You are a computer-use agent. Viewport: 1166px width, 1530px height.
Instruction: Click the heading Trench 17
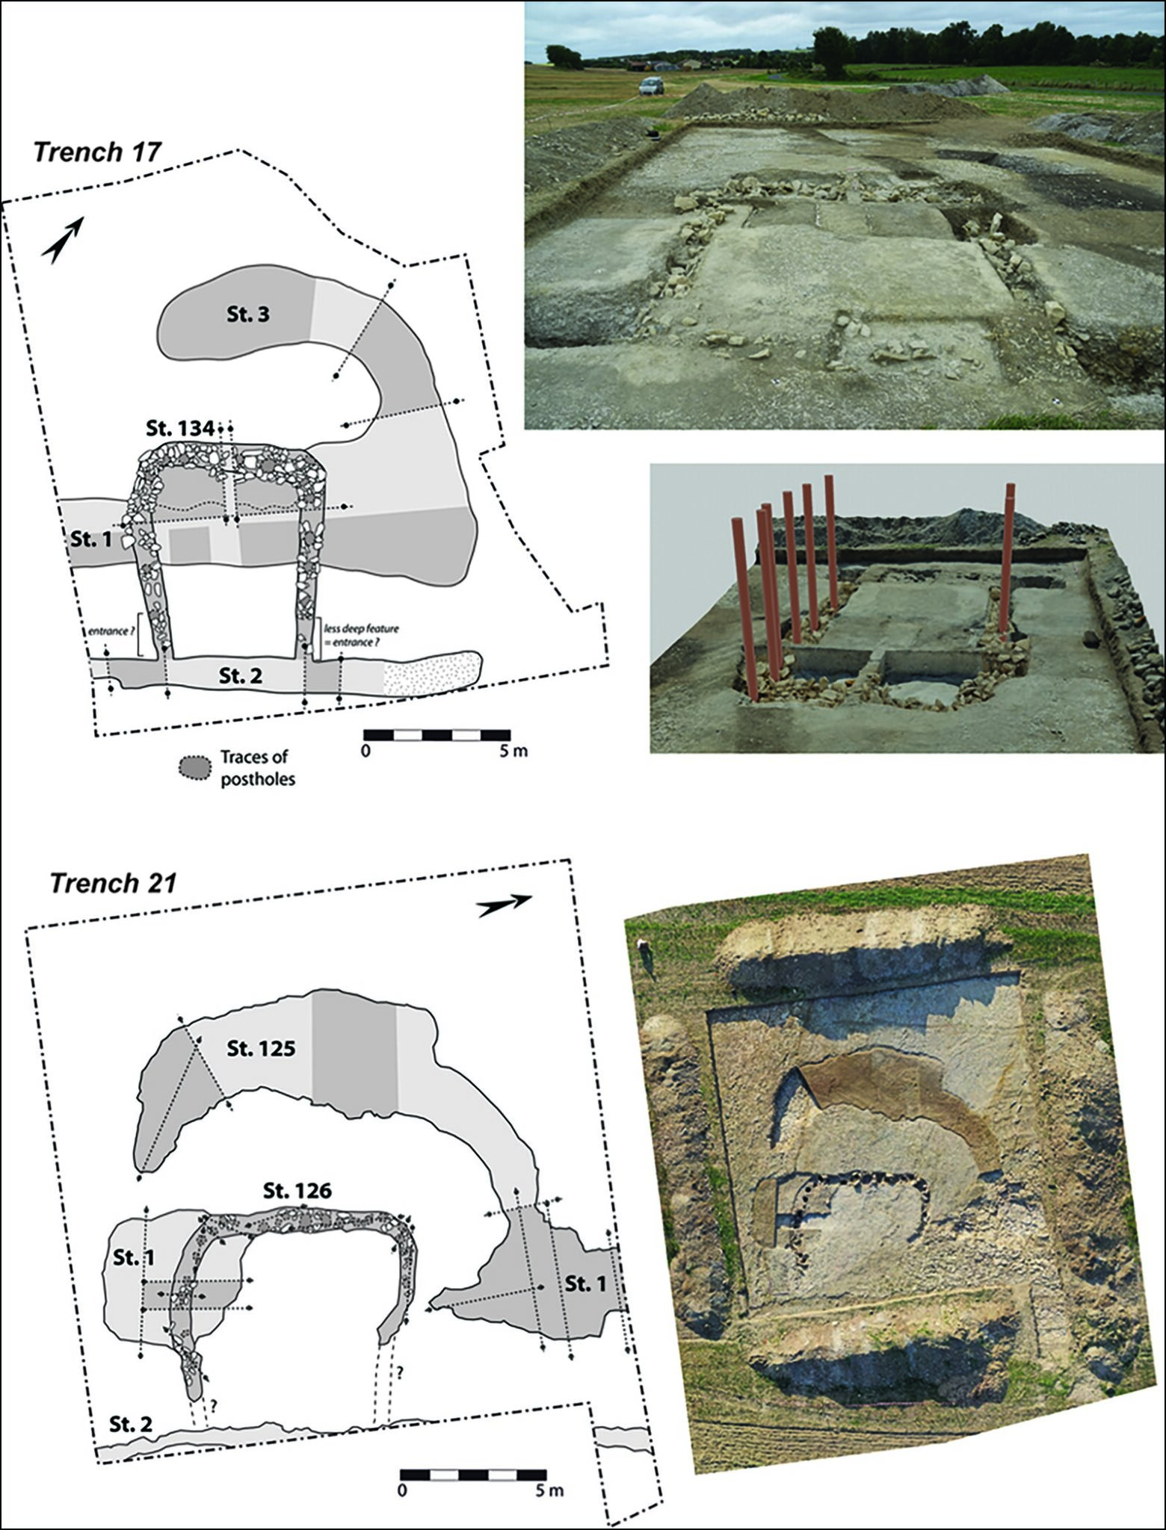[x=97, y=152]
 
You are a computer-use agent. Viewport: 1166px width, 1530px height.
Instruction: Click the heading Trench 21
[x=114, y=883]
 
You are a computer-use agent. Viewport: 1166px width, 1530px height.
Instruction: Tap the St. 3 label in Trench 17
[x=248, y=315]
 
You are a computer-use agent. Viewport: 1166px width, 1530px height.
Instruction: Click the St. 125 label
[x=262, y=1048]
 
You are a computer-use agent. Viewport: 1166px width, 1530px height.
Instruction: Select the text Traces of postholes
[x=257, y=767]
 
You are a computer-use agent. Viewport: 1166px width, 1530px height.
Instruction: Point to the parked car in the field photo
[x=651, y=85]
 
